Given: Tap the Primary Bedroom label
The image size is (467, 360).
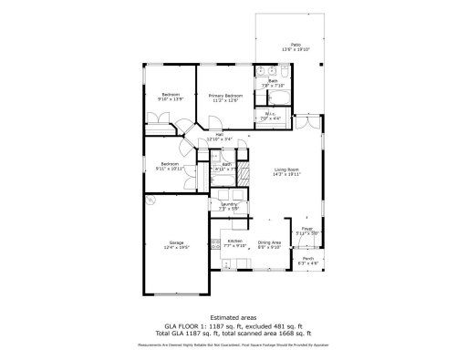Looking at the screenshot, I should [225, 95].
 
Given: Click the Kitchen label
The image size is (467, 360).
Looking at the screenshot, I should [234, 241].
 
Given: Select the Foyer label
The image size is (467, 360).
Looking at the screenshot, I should [307, 229].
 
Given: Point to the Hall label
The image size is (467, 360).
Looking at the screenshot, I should [219, 134].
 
